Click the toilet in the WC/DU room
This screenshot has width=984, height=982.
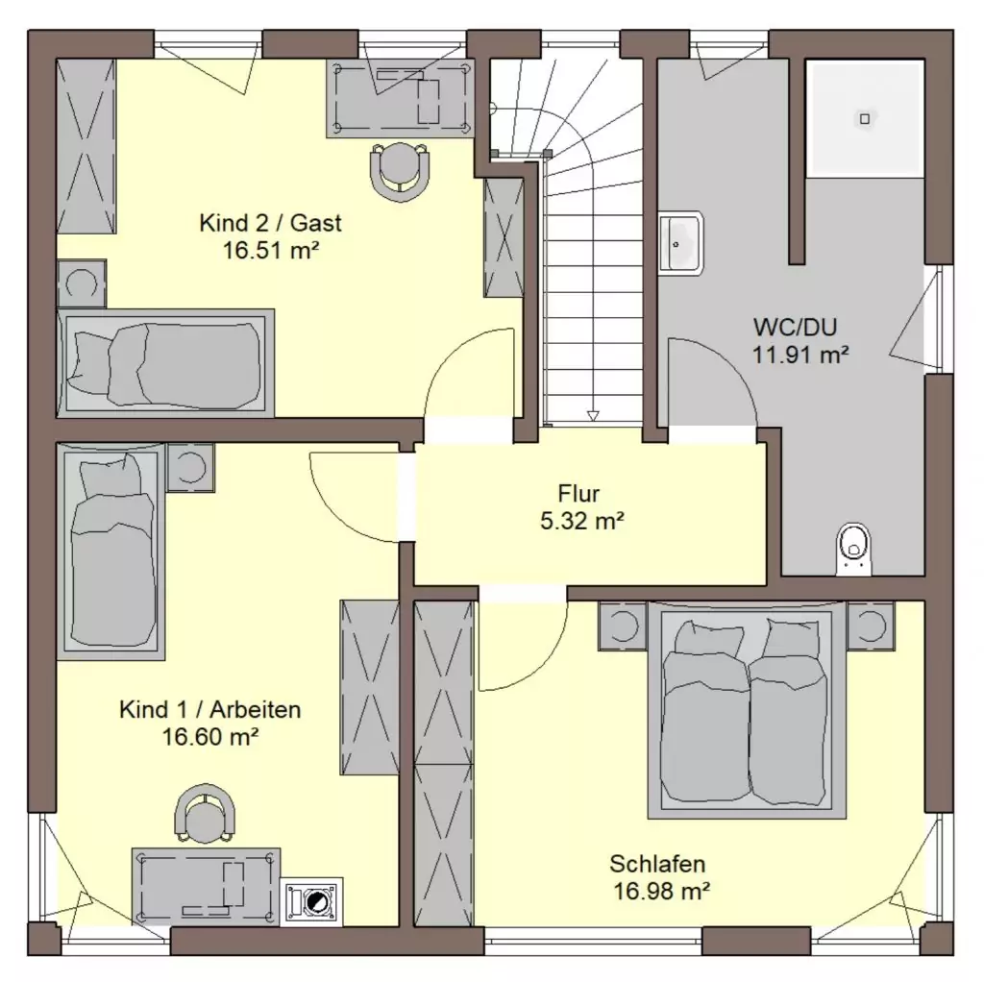853,549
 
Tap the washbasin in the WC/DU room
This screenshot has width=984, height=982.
680,243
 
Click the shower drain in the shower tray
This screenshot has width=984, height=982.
865,118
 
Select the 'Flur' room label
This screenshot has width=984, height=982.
578,493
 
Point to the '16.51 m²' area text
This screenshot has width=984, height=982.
271,251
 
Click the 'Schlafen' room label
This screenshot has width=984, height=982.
657,864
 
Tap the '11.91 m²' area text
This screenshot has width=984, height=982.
800,355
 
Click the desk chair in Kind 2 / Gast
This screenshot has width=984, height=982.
400,172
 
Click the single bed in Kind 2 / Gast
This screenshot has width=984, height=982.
165,362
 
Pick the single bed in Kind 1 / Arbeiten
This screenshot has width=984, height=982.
111,552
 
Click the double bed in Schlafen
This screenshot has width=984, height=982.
747,710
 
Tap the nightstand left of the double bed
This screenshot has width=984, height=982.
623,625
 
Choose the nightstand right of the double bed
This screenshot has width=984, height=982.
871,625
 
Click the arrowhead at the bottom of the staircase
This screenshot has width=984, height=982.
592,416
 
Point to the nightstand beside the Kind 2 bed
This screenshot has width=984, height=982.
82,284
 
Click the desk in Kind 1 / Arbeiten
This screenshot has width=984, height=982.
206,887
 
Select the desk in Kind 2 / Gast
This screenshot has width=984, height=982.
400,98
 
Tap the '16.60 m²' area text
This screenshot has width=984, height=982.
210,736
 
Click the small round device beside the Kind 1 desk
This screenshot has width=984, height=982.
311,901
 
